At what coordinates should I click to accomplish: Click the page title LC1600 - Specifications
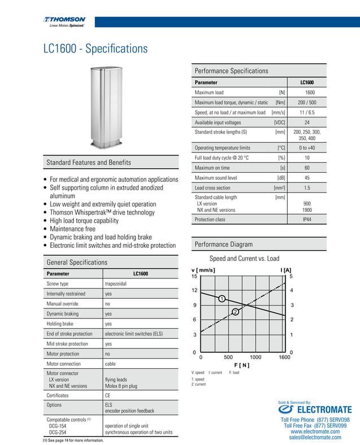[x=95, y=49]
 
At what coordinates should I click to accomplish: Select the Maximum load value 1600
[x=310, y=92]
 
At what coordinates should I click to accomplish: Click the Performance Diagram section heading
[x=223, y=245]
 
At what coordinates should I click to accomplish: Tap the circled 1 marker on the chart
[x=222, y=298]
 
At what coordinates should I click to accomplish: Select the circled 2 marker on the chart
[x=235, y=312]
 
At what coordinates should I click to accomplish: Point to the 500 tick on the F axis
[x=229, y=357]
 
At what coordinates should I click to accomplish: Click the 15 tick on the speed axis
[x=194, y=276]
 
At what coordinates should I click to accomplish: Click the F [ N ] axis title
[x=241, y=365]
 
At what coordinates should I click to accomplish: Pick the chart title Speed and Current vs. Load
[x=244, y=259]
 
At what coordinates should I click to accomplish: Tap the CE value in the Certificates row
[x=108, y=395]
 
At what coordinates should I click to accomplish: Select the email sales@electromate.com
[x=315, y=437]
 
